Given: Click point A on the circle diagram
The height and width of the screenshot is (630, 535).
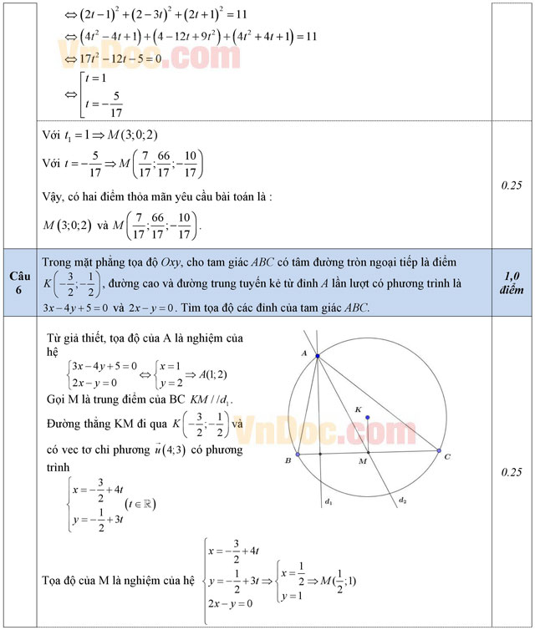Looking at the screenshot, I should (318, 356).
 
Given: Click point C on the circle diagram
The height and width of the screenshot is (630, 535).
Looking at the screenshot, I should (439, 451).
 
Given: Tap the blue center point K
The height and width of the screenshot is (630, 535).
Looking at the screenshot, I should (367, 417).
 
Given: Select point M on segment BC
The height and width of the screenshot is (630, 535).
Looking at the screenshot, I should (364, 454).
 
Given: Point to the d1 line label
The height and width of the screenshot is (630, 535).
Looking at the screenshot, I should (329, 502).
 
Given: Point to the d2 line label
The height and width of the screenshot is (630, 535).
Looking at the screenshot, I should (402, 500).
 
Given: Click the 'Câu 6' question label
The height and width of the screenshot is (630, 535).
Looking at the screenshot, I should (20, 282).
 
